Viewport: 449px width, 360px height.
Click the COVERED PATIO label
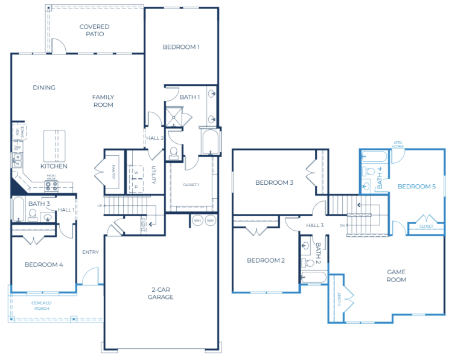(x=95, y=30)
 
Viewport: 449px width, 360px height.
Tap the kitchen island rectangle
(x=54, y=144)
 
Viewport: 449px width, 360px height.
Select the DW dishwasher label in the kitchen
(x=18, y=147)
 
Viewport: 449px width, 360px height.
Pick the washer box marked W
(x=136, y=173)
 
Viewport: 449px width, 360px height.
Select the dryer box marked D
(x=136, y=186)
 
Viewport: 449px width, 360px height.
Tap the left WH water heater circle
(x=197, y=220)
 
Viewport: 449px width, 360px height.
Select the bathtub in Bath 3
(x=18, y=209)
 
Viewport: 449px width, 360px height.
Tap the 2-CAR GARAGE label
(x=161, y=293)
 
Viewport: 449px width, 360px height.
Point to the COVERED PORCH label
(x=42, y=306)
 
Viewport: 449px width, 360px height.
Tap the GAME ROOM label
(x=396, y=275)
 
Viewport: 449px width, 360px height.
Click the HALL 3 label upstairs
(x=314, y=225)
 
